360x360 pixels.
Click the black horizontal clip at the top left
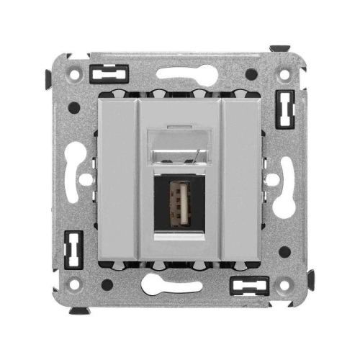pyautogui.click(x=110, y=73)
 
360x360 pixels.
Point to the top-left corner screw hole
pyautogui.click(x=71, y=73)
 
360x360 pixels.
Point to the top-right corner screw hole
pyautogui.click(x=285, y=73)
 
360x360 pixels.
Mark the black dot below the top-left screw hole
pyautogui.click(x=73, y=108)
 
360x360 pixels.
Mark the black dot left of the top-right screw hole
pyautogui.click(x=250, y=73)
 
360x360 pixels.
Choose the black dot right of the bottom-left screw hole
pyautogui.click(x=107, y=286)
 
